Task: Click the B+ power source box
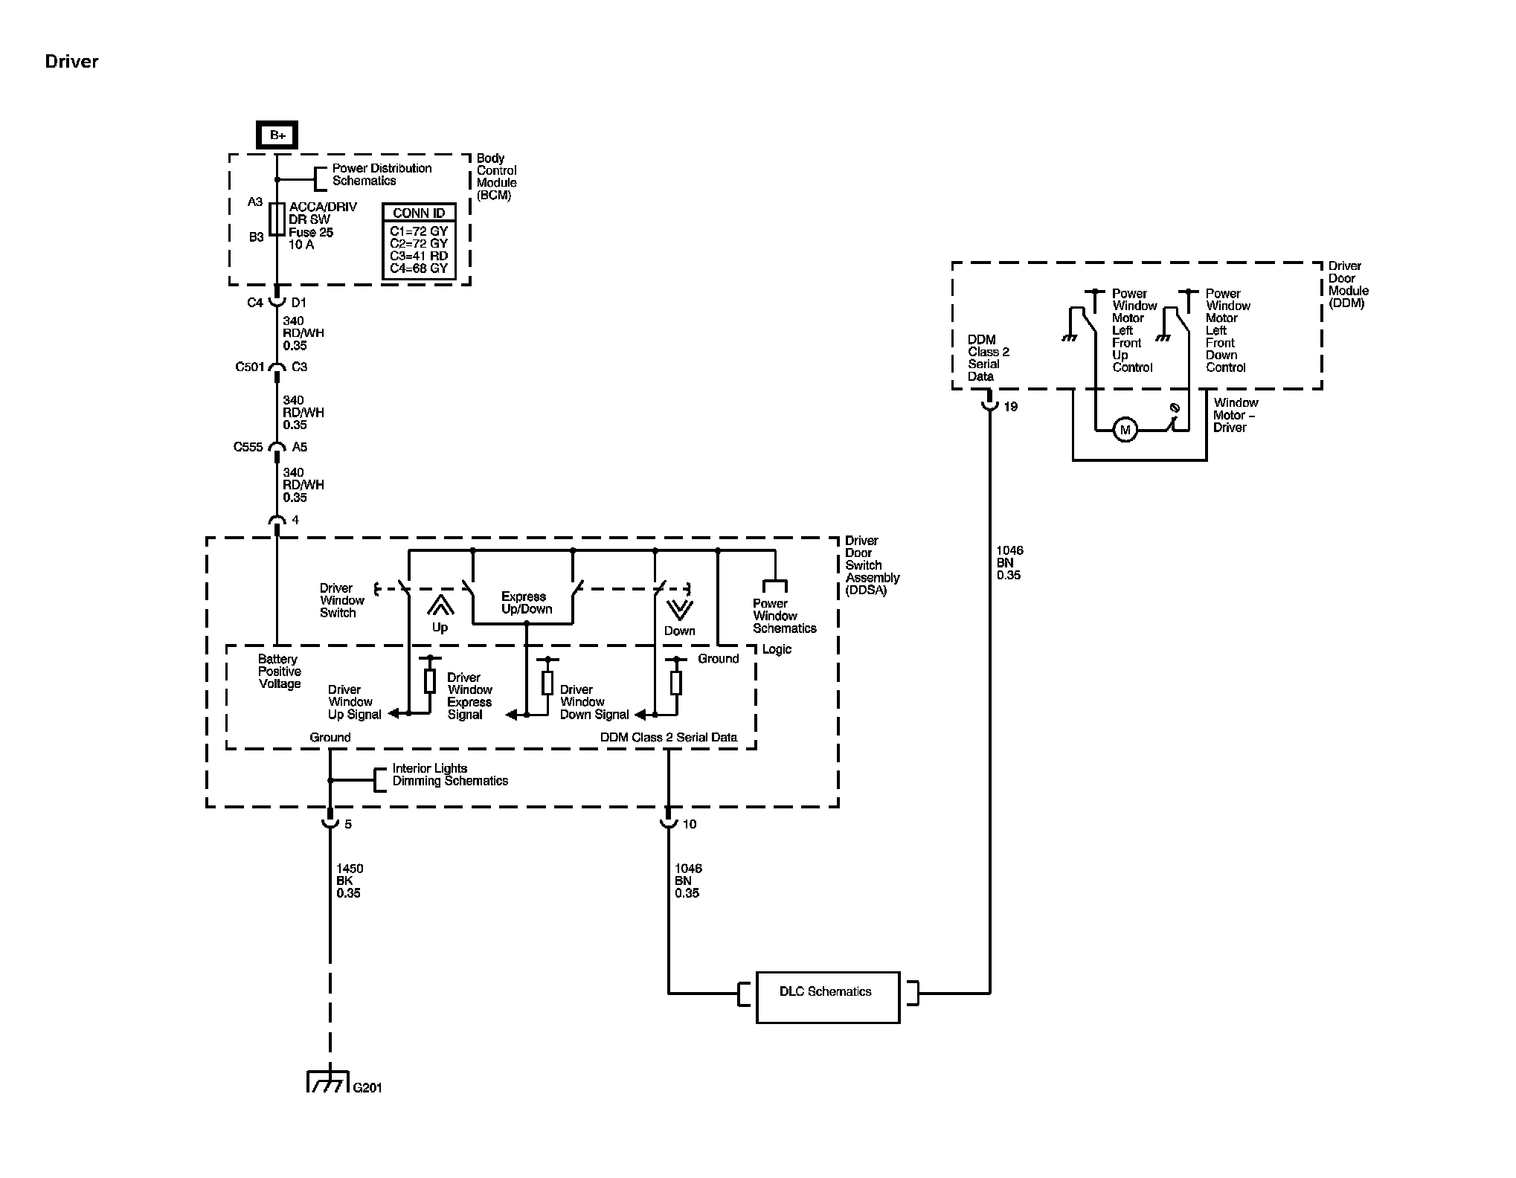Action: click(x=277, y=135)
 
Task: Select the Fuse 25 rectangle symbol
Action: click(x=277, y=219)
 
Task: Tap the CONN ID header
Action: click(x=419, y=213)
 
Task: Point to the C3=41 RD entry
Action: click(x=419, y=256)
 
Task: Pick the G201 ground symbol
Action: click(x=327, y=1084)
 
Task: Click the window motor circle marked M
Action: click(x=1125, y=430)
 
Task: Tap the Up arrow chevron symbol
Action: click(x=440, y=606)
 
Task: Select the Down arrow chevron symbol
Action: click(x=679, y=610)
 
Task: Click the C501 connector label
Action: click(x=250, y=367)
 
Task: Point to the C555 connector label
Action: click(x=248, y=447)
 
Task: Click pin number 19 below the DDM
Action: click(x=1010, y=407)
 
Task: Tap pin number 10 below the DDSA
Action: click(x=690, y=824)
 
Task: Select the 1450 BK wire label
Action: click(x=349, y=881)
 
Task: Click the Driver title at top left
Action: click(x=71, y=62)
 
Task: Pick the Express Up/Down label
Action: click(x=526, y=602)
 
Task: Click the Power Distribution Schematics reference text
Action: click(x=382, y=175)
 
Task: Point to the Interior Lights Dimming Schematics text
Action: click(x=450, y=775)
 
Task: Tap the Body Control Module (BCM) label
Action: click(x=496, y=176)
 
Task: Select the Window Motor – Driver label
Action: click(x=1235, y=415)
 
